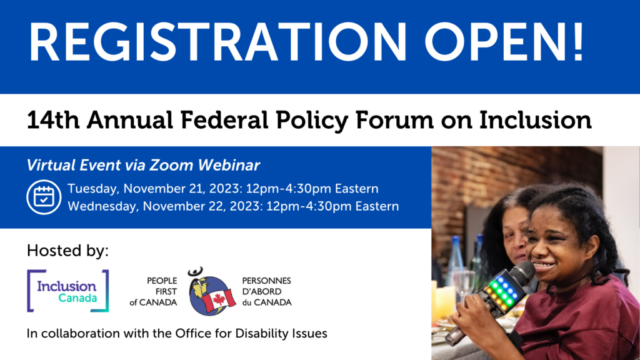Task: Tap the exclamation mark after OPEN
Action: coord(578,42)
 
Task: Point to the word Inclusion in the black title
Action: coord(536,120)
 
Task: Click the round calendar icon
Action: coord(44,197)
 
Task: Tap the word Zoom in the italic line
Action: coord(171,165)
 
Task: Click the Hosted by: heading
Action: coord(67,251)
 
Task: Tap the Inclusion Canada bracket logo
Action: coord(67,291)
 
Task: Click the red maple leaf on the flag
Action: coord(219,300)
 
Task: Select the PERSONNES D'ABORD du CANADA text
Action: coord(266,292)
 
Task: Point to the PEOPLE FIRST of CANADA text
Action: coord(154,292)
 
